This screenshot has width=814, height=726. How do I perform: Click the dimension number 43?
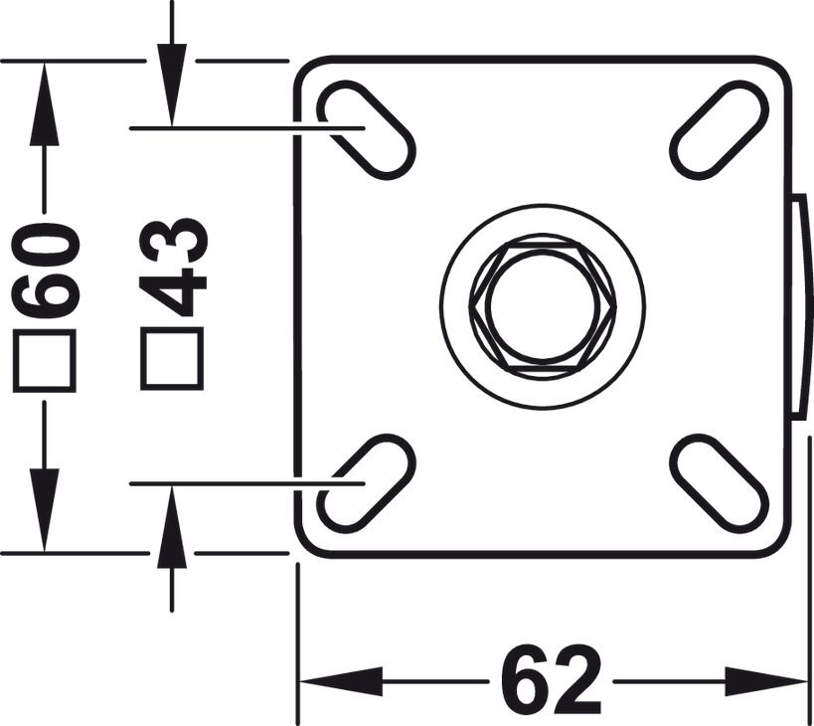tap(174, 267)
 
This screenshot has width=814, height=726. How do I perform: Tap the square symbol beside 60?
tap(45, 361)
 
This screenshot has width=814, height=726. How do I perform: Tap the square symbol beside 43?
tap(172, 358)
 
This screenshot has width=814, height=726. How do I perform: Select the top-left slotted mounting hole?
tap(365, 129)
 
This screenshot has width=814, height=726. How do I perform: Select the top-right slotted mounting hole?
tap(720, 129)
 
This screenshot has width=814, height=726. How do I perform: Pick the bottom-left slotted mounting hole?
tap(365, 483)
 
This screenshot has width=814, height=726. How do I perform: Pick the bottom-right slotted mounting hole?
tap(720, 483)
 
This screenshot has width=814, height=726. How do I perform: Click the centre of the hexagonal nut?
tap(543, 306)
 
